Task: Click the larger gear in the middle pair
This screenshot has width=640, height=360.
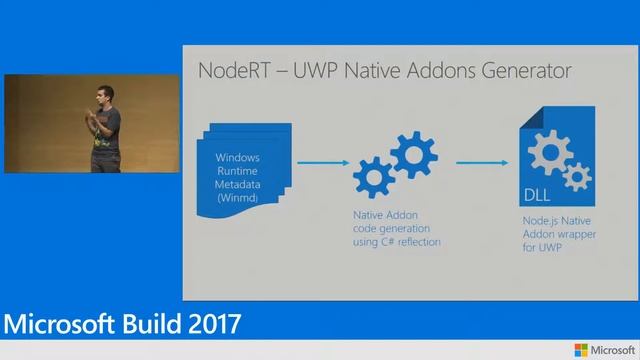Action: (x=411, y=153)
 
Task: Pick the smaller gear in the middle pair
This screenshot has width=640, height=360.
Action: (x=372, y=177)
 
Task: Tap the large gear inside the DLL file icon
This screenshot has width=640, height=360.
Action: (x=549, y=153)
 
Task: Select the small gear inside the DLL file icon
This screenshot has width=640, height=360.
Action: (x=576, y=178)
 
